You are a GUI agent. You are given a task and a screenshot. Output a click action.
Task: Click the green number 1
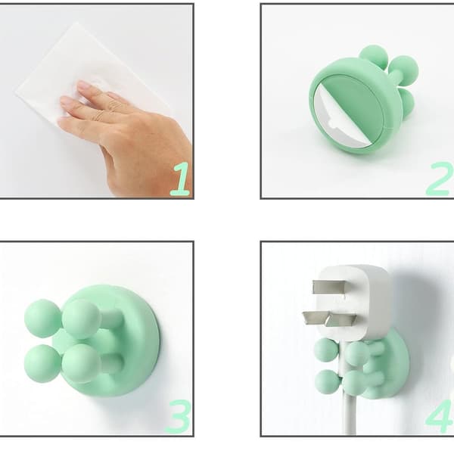[180, 179]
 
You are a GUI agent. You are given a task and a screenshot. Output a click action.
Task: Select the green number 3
[178, 416]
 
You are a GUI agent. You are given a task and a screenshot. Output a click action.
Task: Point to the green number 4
[440, 416]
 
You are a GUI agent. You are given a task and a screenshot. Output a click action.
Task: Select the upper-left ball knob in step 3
[42, 319]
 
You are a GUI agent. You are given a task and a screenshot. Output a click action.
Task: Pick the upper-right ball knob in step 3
[82, 319]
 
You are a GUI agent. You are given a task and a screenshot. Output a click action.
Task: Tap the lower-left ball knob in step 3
[42, 363]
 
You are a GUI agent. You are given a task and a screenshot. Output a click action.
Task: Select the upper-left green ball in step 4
[326, 350]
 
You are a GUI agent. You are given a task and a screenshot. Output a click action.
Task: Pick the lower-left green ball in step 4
[327, 382]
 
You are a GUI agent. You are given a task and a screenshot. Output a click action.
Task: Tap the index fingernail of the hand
[84, 85]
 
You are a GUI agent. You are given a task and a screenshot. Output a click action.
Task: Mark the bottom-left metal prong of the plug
[316, 318]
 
